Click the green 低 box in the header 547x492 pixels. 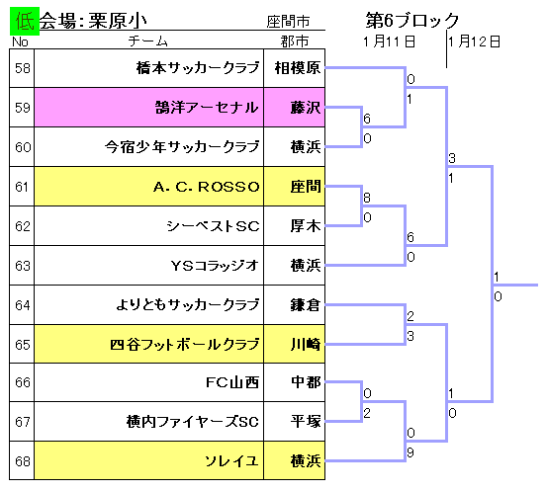pos(25,21)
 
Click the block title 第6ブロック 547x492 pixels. pos(412,20)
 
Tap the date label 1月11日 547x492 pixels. pos(389,41)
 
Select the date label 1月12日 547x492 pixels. pos(475,41)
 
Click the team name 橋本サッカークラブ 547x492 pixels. pos(198,68)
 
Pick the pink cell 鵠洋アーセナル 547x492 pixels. pos(149,108)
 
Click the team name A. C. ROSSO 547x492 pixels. pos(207,187)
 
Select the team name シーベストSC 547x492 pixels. pos(213,226)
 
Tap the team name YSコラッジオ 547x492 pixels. pos(215,266)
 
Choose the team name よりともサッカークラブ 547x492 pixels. pos(188,305)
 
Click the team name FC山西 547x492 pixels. pos(232,382)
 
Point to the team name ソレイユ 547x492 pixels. pos(231,461)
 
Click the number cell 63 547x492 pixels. pos(22,266)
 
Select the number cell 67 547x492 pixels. pos(22,422)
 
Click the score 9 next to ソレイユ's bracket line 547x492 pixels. pos(410,452)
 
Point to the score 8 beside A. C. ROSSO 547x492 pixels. pos(367,198)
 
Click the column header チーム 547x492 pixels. pos(148,41)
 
